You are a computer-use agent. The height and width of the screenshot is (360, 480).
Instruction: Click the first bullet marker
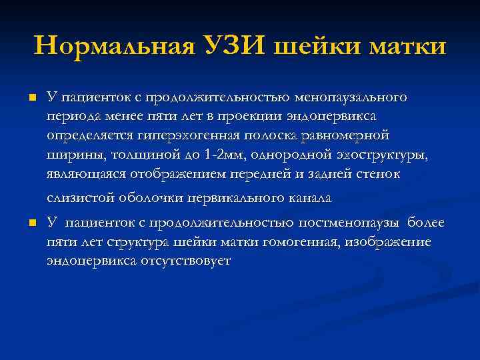[x=31, y=99]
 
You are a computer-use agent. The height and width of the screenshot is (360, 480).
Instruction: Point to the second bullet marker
[x=31, y=223]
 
